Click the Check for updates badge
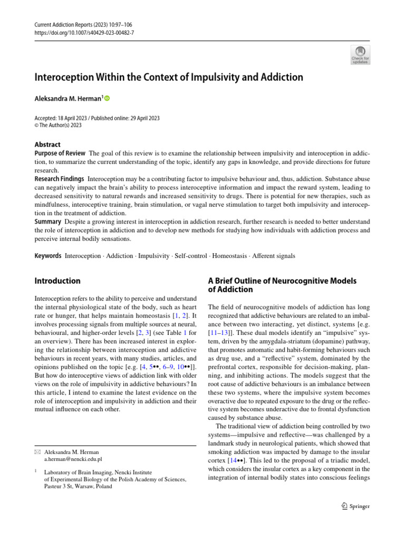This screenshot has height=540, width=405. [360, 55]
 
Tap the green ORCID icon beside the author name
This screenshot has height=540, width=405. [108, 98]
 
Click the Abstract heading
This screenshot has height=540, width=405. [47, 144]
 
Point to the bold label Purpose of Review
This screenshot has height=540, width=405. [60, 153]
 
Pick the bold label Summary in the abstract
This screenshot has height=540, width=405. [47, 221]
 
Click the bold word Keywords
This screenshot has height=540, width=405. [48, 256]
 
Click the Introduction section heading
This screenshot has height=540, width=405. [57, 281]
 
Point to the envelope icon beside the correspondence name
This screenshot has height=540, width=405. [37, 452]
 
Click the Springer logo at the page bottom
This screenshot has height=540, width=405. [355, 506]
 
